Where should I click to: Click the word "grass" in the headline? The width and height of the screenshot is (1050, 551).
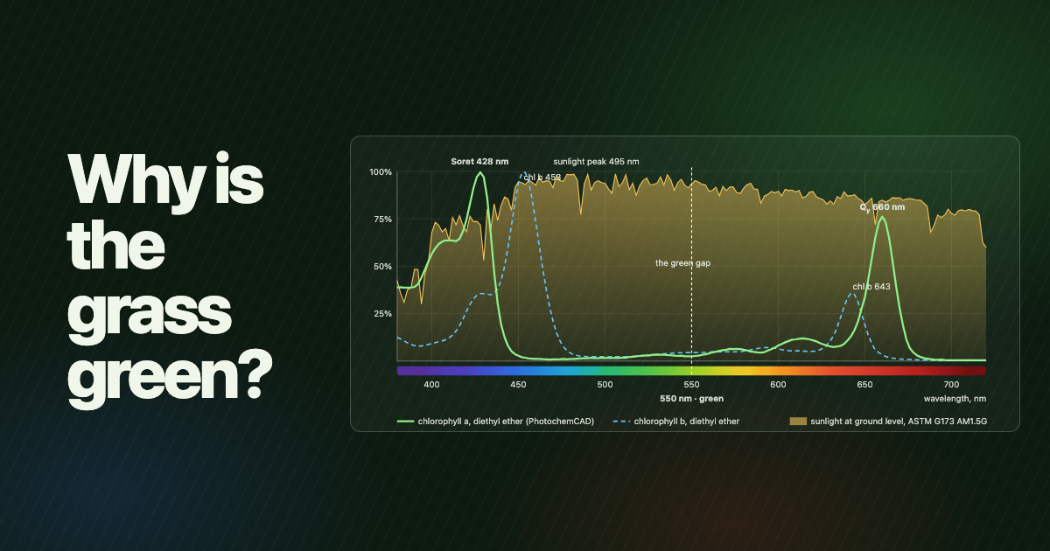pyautogui.click(x=150, y=314)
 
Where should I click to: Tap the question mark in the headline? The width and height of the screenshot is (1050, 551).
pyautogui.click(x=255, y=373)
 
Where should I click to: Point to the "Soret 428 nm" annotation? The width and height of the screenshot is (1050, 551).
pyautogui.click(x=479, y=162)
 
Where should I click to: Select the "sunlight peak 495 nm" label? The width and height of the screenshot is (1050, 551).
pyautogui.click(x=596, y=162)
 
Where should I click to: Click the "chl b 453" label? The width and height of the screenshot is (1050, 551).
pyautogui.click(x=542, y=178)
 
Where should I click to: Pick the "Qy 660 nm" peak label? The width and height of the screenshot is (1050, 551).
pyautogui.click(x=882, y=207)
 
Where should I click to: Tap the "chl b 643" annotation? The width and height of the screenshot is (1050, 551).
pyautogui.click(x=871, y=287)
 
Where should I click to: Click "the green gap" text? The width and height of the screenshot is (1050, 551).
pyautogui.click(x=682, y=263)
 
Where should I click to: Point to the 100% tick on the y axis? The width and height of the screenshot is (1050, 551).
pyautogui.click(x=380, y=172)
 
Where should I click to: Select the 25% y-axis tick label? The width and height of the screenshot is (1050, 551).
pyautogui.click(x=382, y=314)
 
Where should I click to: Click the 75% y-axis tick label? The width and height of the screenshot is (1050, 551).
pyautogui.click(x=382, y=220)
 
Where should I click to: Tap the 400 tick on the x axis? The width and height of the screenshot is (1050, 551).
pyautogui.click(x=431, y=385)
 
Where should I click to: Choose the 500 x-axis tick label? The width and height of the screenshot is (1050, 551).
pyautogui.click(x=605, y=385)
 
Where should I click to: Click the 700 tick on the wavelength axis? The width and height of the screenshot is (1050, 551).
pyautogui.click(x=951, y=385)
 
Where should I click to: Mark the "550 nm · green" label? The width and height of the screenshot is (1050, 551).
pyautogui.click(x=691, y=399)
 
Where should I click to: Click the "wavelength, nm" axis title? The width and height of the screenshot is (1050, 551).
pyautogui.click(x=955, y=399)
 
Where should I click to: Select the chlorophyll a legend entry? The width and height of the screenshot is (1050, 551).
pyautogui.click(x=495, y=422)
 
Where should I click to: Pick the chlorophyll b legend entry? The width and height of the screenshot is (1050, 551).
pyautogui.click(x=675, y=422)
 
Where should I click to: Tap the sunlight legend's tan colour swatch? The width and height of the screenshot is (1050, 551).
pyautogui.click(x=798, y=422)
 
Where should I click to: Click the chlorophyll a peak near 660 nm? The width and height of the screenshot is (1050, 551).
pyautogui.click(x=883, y=218)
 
